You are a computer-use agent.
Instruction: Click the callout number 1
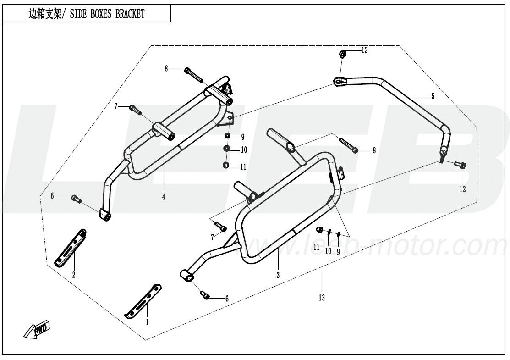[x=148, y=322]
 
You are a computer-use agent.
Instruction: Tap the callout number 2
[x=73, y=275]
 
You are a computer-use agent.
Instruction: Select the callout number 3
[x=278, y=275]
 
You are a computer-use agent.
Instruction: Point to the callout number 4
[x=163, y=197]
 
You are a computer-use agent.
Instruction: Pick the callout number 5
[x=433, y=96]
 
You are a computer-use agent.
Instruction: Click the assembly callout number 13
[x=322, y=298]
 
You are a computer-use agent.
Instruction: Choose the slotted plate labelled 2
[x=71, y=248]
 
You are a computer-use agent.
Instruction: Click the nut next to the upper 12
[x=343, y=55]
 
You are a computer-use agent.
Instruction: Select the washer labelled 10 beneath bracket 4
[x=227, y=149]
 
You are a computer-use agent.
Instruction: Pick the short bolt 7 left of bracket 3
[x=220, y=227]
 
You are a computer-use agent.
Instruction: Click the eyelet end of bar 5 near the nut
[x=339, y=82]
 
